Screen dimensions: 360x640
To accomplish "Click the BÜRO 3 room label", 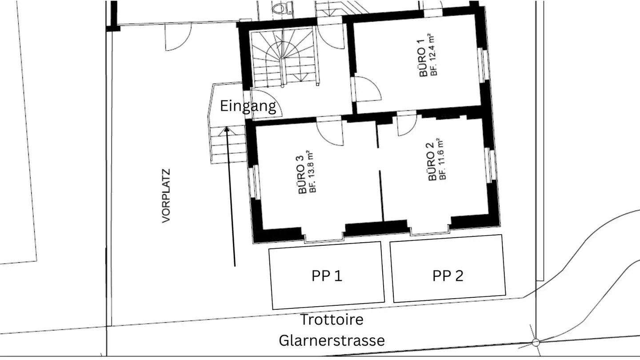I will (x=302, y=175).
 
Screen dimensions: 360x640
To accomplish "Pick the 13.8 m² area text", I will (x=312, y=172).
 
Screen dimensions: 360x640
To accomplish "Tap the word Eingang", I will (x=248, y=106).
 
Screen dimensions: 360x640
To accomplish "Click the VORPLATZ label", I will (x=166, y=196).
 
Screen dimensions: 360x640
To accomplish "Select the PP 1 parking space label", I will (x=327, y=276).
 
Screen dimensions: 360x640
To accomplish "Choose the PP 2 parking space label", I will (x=448, y=276).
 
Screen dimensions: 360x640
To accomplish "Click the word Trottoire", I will (x=332, y=320).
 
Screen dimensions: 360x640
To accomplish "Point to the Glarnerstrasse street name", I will (x=332, y=340).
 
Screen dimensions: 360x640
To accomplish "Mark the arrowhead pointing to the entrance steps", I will (x=227, y=130).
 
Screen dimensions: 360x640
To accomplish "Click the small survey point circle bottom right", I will (x=536, y=342).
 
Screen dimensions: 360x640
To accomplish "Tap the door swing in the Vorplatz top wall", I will (x=178, y=37).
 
